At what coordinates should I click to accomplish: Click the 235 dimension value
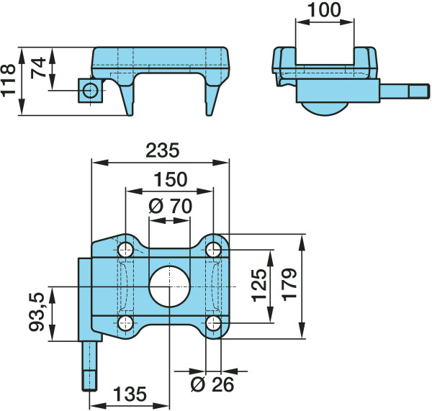coord(162,150)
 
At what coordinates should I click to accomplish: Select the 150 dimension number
coord(171,180)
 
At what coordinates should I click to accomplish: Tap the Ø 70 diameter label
coord(170,207)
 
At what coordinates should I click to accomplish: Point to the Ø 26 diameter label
coord(212,384)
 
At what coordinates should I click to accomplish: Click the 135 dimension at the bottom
coord(130,394)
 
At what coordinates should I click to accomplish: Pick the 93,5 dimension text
coord(37,312)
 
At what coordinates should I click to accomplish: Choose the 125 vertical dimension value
coord(259,285)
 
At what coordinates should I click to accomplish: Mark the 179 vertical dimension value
coord(289,284)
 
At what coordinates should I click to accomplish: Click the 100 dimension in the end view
coord(324,10)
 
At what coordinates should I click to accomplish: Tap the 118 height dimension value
coord(8,81)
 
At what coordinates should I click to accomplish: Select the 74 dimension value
coord(38,68)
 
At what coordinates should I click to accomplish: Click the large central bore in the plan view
coord(169,286)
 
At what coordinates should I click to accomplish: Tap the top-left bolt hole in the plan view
coord(125,250)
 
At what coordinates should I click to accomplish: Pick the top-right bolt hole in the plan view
coord(214,250)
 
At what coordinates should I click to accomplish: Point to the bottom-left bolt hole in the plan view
coord(125,323)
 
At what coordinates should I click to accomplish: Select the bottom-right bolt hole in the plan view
coord(214,323)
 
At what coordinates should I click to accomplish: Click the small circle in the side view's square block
coord(91,91)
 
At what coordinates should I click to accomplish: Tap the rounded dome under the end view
coord(324,109)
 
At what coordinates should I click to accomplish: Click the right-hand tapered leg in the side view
coord(212,100)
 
